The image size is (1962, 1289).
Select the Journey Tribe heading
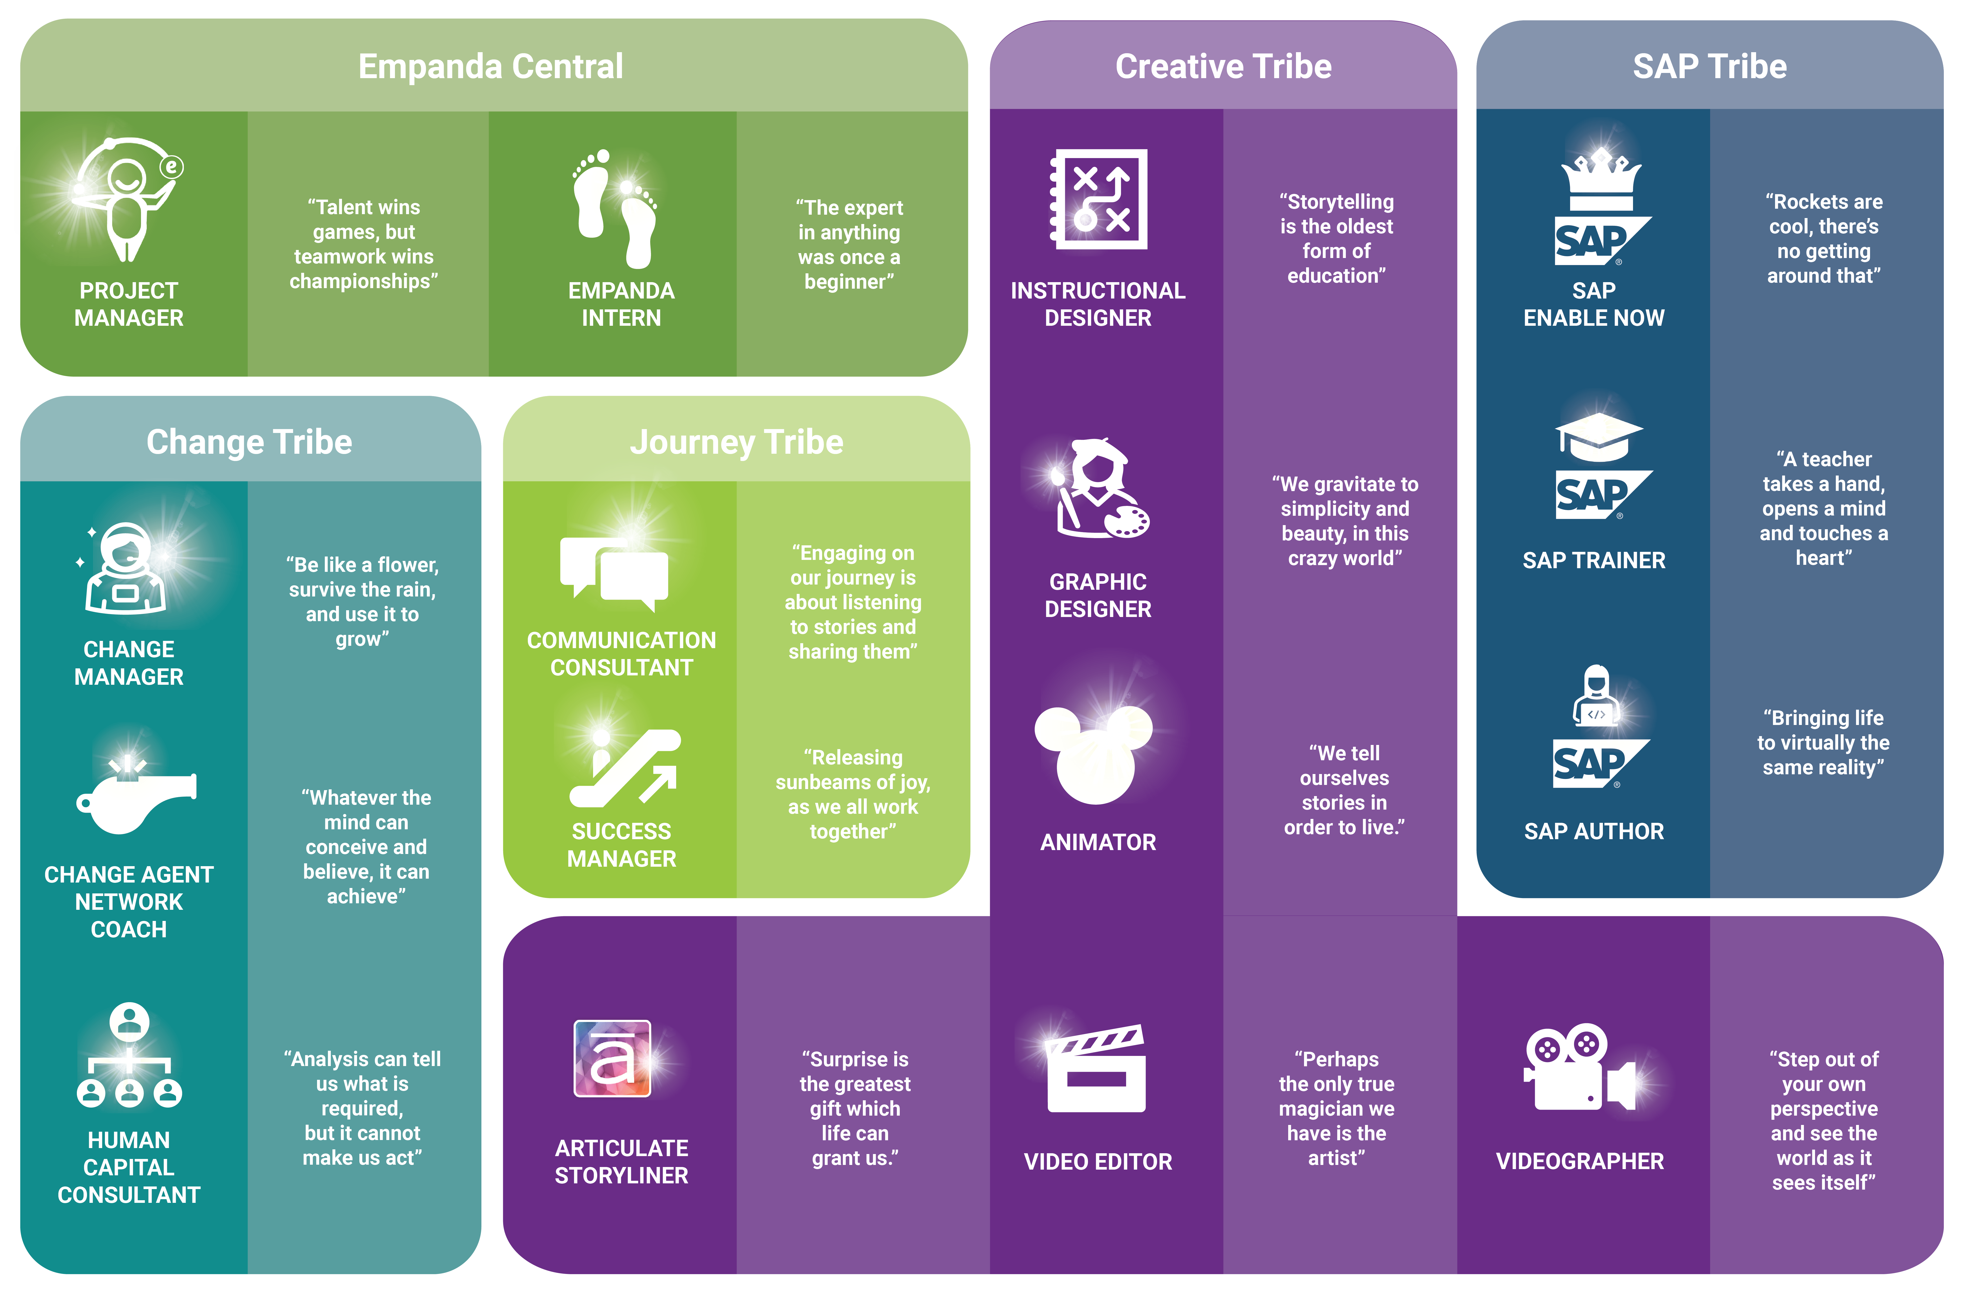click(x=736, y=443)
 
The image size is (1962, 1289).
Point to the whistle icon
click(x=136, y=795)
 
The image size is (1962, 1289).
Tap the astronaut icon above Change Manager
click(x=125, y=569)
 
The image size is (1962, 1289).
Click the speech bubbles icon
click(x=614, y=573)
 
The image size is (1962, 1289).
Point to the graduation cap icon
click(x=1599, y=437)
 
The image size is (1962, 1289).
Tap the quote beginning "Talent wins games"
click(x=364, y=244)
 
